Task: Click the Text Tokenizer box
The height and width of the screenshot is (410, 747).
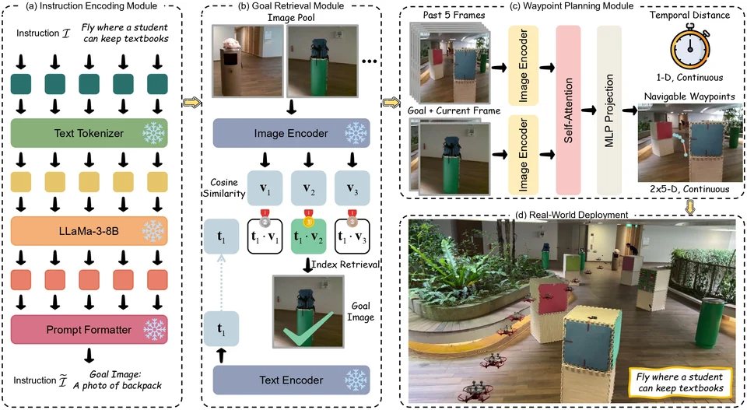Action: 89,133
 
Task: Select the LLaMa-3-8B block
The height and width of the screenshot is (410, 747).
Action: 89,231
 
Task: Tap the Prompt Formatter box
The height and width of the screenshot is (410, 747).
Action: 89,330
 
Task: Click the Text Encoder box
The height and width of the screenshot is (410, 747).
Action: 291,380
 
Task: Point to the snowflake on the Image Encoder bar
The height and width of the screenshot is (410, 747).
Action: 356,133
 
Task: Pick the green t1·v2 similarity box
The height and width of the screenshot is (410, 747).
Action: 308,237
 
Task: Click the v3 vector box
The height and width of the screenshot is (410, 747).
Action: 352,188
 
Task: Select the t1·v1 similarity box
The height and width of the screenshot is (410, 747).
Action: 265,237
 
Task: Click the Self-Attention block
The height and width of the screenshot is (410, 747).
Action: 568,110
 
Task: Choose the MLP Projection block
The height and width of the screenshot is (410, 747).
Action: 608,110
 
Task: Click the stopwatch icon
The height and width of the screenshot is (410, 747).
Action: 690,49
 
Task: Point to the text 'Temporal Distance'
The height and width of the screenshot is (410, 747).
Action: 689,16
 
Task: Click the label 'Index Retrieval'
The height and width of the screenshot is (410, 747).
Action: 345,264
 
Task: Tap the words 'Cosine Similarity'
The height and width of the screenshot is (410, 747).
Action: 224,187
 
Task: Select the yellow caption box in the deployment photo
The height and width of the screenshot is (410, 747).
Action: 680,382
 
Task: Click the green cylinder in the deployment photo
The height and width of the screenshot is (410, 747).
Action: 710,323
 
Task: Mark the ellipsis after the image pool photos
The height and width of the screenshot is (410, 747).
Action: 369,61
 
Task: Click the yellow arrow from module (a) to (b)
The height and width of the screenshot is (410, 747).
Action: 192,102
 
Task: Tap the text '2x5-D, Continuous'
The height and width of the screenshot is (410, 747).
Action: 689,189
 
